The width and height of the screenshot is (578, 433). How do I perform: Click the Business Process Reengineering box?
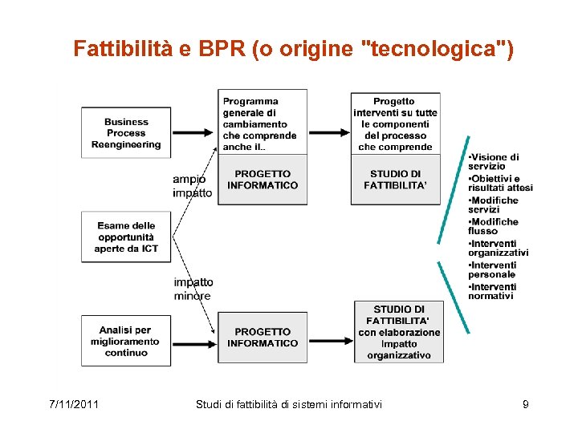126,133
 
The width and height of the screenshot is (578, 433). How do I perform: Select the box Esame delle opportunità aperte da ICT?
126,237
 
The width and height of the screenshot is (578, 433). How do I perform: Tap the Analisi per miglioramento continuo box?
126,341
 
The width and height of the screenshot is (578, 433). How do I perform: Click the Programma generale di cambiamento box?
262,123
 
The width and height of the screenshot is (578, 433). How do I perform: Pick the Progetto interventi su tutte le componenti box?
395,123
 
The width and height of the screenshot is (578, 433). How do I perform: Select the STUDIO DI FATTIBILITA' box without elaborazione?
395,180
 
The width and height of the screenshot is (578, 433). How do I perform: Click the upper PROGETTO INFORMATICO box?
262,180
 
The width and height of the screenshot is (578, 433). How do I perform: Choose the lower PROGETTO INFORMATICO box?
262,338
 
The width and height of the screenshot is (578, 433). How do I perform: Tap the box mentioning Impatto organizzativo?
399,332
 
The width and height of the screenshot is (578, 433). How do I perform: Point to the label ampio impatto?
193,186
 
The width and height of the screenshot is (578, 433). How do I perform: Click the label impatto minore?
193,289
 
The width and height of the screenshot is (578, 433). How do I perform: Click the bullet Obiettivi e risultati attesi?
500,183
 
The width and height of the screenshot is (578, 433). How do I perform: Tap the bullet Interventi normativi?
492,291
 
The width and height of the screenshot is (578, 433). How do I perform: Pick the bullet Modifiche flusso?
493,226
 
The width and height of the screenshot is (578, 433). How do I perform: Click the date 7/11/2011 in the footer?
74,404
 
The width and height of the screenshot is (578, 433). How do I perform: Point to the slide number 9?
525,404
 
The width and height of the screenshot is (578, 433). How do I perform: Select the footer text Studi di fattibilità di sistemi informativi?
289,404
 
